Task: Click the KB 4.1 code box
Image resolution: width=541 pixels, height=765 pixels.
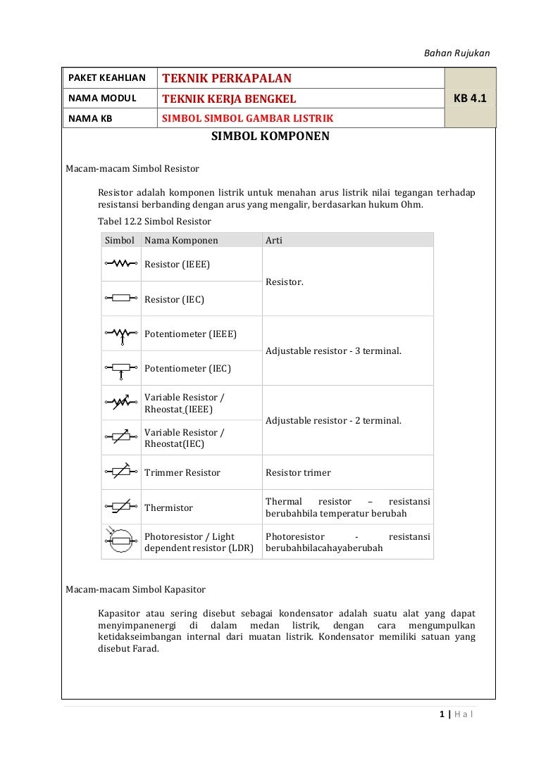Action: point(470,98)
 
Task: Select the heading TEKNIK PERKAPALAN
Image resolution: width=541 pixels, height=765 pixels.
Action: point(227,78)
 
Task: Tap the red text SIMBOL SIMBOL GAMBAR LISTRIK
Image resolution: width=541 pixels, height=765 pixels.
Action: point(248,118)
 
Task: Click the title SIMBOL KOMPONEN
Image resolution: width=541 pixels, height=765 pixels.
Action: point(270,136)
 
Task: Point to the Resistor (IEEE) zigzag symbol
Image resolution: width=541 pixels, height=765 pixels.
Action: point(121,264)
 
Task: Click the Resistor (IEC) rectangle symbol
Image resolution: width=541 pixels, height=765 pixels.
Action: point(121,298)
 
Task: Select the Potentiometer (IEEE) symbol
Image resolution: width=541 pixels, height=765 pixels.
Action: point(121,334)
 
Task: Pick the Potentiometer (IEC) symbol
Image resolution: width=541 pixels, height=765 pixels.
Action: point(121,368)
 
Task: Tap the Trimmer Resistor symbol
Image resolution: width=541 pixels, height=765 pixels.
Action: point(121,472)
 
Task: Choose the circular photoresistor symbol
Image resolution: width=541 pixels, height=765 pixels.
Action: point(120,540)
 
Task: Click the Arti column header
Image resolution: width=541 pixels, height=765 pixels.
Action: point(274,240)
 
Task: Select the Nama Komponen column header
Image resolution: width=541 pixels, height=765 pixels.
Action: point(181,240)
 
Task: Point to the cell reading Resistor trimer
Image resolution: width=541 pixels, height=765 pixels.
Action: point(298,473)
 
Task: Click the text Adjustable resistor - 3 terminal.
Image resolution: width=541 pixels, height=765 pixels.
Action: point(333,350)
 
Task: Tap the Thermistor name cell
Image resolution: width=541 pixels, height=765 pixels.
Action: point(168,507)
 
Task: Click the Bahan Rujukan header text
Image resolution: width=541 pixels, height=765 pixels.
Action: point(456,53)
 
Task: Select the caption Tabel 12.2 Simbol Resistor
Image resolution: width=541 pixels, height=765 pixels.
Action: point(154,221)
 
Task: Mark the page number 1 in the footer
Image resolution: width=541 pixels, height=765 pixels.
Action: point(441,715)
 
